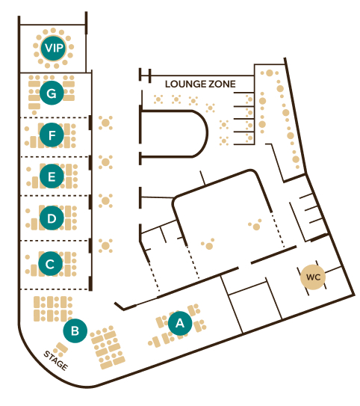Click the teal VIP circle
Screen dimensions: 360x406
point(53,48)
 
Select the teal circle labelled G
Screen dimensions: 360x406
point(52,93)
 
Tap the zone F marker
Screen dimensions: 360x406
point(52,135)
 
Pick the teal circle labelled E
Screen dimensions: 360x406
point(52,176)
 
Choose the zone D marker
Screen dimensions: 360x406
point(52,218)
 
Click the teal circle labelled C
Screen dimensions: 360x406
point(51,264)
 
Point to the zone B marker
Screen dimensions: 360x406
point(75,330)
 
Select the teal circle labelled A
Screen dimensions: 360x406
point(180,323)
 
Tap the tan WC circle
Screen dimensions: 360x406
point(313,277)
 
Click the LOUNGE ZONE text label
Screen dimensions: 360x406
point(200,84)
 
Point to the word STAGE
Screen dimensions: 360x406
point(56,360)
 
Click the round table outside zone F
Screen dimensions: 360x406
point(105,123)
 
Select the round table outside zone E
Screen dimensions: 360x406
point(105,162)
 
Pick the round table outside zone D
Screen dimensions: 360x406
point(105,200)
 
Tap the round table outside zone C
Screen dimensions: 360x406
point(105,245)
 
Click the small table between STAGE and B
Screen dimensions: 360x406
point(61,348)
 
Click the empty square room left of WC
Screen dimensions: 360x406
point(255,307)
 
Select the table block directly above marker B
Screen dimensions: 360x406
point(53,309)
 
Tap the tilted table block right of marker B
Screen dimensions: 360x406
point(108,347)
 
